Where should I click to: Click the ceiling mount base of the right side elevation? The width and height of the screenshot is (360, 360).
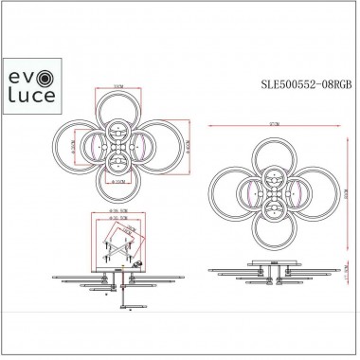coord(275,265)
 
